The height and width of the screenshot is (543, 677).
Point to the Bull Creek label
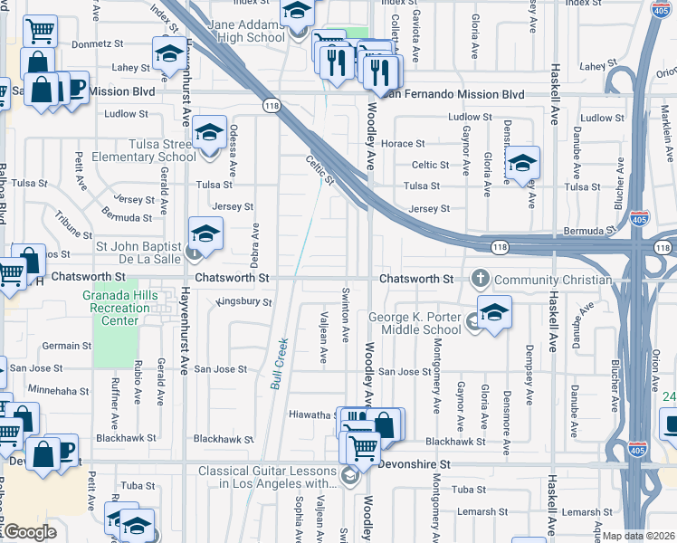coord(280,363)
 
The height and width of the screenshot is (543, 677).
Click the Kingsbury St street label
coord(244,301)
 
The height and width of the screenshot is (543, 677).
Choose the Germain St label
coord(61,346)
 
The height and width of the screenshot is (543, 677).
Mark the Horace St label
coord(403,144)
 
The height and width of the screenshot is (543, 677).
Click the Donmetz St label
coord(97,43)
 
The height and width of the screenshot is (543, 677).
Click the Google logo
coord(29,532)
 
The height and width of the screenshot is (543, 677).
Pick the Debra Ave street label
coord(255,244)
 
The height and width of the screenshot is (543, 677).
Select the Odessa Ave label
coord(234,150)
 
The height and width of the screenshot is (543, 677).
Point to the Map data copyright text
coord(639,536)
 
